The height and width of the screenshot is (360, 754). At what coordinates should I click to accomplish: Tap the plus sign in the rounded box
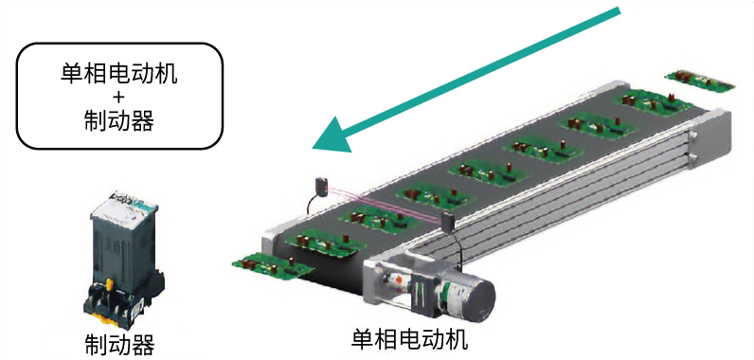point(118,98)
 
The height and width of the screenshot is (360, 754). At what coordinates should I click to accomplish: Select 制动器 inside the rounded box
point(118,120)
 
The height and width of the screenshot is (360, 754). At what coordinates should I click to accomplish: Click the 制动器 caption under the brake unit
point(118,344)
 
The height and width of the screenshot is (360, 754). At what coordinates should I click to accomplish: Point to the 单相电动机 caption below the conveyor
point(409,339)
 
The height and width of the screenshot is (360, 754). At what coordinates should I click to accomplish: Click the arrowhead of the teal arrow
point(331,138)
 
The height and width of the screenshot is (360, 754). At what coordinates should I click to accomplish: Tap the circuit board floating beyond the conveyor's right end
point(698,80)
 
